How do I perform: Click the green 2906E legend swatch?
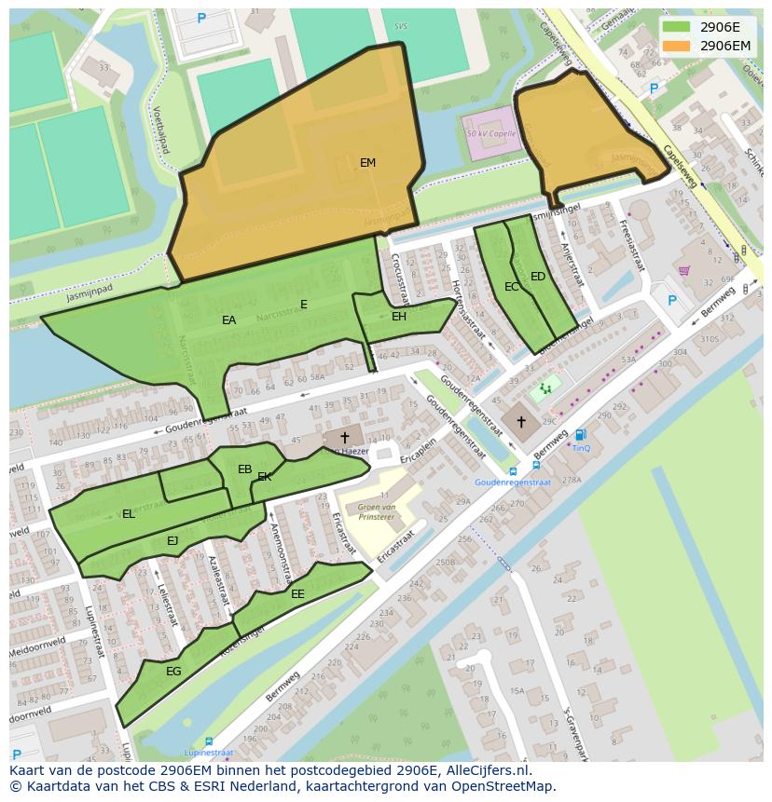pos(676,26)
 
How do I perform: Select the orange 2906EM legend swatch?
pos(676,45)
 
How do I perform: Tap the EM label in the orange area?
pos(368,163)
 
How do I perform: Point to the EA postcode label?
pos(229,320)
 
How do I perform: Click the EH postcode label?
pos(399,317)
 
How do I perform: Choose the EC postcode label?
pos(512,287)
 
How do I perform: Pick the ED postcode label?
pos(538,277)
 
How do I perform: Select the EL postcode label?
pos(129,514)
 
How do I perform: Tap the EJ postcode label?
pos(172,541)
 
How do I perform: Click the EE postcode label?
pos(297,594)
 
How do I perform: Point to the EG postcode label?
pos(173,671)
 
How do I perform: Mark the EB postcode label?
pos(245,469)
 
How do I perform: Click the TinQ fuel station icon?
pos(581,434)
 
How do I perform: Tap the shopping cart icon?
pos(683,271)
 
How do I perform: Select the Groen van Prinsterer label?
pos(370,511)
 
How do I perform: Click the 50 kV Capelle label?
pos(490,133)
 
